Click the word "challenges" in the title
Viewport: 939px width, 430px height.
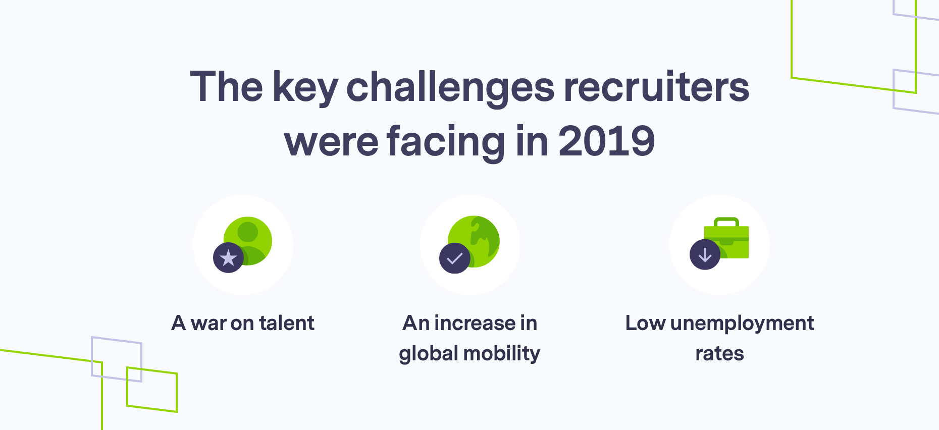tap(450, 87)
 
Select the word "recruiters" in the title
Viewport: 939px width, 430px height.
tap(656, 87)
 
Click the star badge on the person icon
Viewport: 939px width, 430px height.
tap(229, 258)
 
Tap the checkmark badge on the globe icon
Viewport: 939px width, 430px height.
tap(455, 258)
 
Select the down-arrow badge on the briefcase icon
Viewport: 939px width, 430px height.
tap(705, 255)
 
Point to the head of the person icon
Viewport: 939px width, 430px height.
tap(248, 232)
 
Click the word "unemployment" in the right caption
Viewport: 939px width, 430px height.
tap(742, 324)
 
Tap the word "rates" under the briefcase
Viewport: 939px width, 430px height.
tap(719, 354)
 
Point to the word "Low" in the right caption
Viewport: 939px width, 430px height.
tap(645, 323)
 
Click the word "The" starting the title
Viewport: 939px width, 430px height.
tap(226, 87)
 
